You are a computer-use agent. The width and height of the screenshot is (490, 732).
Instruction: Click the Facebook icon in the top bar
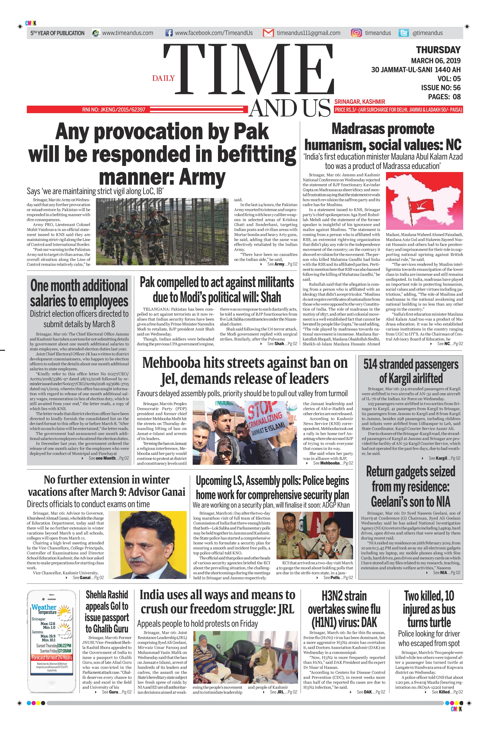tap(169, 33)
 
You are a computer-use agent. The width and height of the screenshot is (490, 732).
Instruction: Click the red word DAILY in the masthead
tap(163, 78)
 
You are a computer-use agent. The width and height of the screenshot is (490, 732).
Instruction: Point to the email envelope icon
tap(268, 33)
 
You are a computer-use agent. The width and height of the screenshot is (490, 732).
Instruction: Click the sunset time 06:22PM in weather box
tap(65, 645)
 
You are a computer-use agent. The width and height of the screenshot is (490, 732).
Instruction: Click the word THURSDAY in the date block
tap(438, 50)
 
